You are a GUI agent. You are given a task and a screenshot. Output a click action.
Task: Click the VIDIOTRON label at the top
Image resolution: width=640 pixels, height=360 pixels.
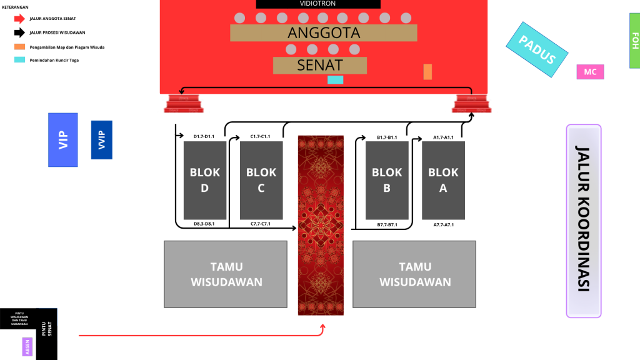tap(317, 4)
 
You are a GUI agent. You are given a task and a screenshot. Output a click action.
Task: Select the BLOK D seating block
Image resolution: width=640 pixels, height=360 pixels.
tap(205, 180)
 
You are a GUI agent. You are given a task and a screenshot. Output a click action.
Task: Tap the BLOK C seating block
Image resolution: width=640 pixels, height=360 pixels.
tap(261, 180)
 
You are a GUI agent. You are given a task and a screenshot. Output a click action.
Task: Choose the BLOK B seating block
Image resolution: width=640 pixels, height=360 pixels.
tap(387, 180)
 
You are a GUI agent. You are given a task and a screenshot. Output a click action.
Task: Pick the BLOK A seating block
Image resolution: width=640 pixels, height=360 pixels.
tap(443, 180)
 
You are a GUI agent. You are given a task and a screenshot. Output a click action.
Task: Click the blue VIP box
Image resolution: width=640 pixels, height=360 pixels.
tap(63, 139)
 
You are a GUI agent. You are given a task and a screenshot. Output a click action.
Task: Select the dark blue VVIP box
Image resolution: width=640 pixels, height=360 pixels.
tap(101, 139)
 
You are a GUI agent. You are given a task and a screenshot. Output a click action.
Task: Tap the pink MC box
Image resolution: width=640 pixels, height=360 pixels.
tap(590, 72)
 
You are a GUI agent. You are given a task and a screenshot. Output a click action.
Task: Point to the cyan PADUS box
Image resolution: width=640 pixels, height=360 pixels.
tap(537, 51)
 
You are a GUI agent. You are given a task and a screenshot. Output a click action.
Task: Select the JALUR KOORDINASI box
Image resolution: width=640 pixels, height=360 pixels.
tap(584, 221)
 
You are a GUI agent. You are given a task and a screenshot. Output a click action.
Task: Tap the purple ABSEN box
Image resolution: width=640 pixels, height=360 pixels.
tap(27, 346)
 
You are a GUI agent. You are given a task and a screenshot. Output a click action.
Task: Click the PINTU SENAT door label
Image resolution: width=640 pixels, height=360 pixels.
tap(47, 334)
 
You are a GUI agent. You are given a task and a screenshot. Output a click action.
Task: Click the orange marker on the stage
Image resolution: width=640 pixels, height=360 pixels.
tap(427, 72)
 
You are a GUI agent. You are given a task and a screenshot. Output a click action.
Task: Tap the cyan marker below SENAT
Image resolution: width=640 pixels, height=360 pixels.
tap(336, 79)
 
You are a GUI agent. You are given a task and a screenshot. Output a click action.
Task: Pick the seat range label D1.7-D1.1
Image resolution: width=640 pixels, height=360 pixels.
tap(204, 136)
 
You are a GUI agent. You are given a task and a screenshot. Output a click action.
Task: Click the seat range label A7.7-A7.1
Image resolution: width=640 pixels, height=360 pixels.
tap(443, 224)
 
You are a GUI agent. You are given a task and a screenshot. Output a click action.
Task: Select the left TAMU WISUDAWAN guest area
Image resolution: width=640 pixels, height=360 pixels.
tap(226, 274)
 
